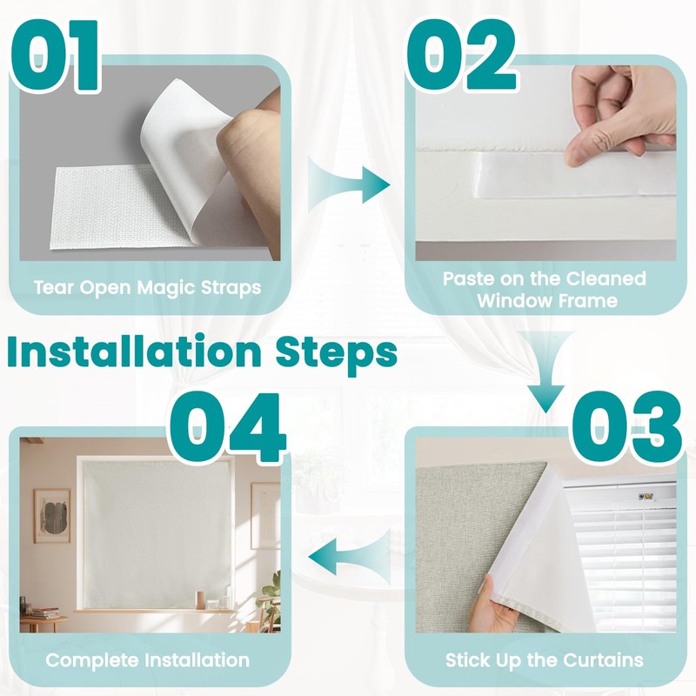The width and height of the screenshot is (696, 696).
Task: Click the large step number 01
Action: (56, 55)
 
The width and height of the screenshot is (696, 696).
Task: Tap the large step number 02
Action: (462, 55)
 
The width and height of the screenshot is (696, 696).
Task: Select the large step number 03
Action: (626, 427)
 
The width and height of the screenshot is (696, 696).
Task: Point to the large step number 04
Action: (227, 427)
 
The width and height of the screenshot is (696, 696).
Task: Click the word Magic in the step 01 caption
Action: (166, 288)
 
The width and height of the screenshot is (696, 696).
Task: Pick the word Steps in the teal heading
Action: (337, 354)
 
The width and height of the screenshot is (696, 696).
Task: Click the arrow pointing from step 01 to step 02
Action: (349, 184)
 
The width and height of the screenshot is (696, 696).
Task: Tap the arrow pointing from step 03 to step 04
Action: (349, 557)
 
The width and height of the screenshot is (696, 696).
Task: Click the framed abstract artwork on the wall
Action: (52, 516)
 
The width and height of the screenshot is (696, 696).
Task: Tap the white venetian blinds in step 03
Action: (621, 555)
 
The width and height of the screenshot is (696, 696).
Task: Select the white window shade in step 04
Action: (157, 534)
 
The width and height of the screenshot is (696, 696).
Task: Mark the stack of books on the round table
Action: (44, 613)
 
